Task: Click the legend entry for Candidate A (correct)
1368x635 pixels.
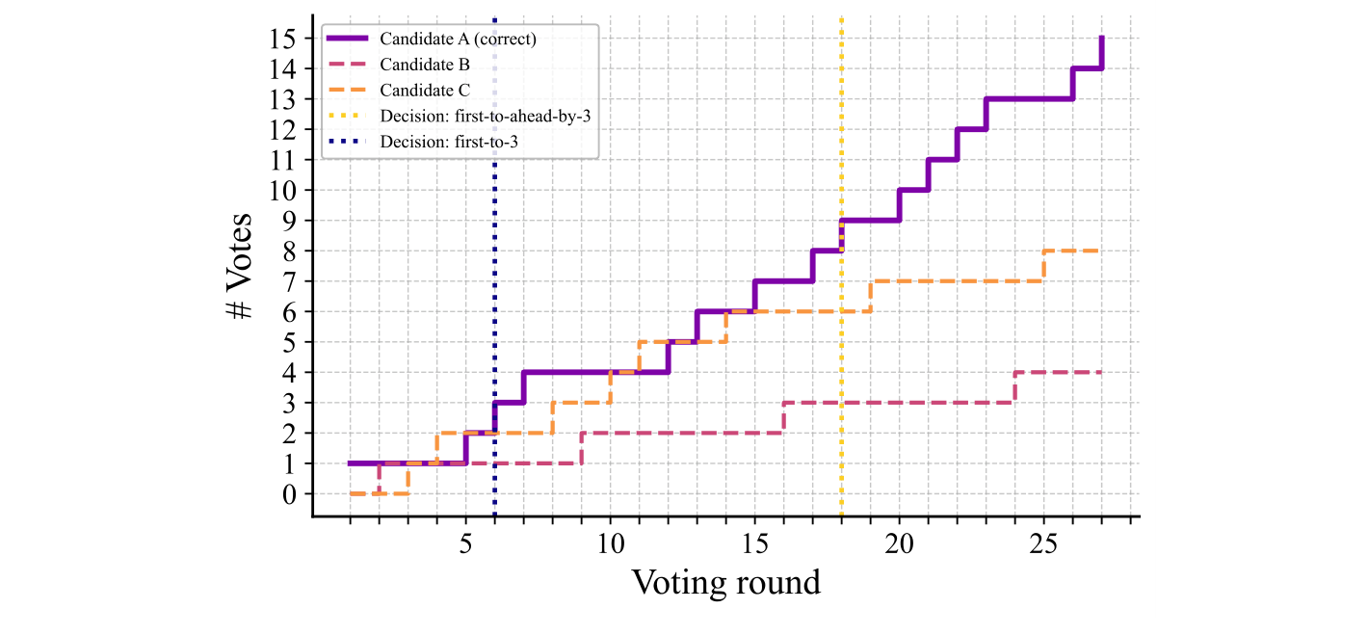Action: pos(458,40)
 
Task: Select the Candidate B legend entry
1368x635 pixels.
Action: pos(425,65)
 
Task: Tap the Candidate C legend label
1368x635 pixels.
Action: pos(425,91)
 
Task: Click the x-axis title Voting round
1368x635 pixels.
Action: pos(725,582)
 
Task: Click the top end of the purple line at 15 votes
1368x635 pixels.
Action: pos(1101,39)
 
